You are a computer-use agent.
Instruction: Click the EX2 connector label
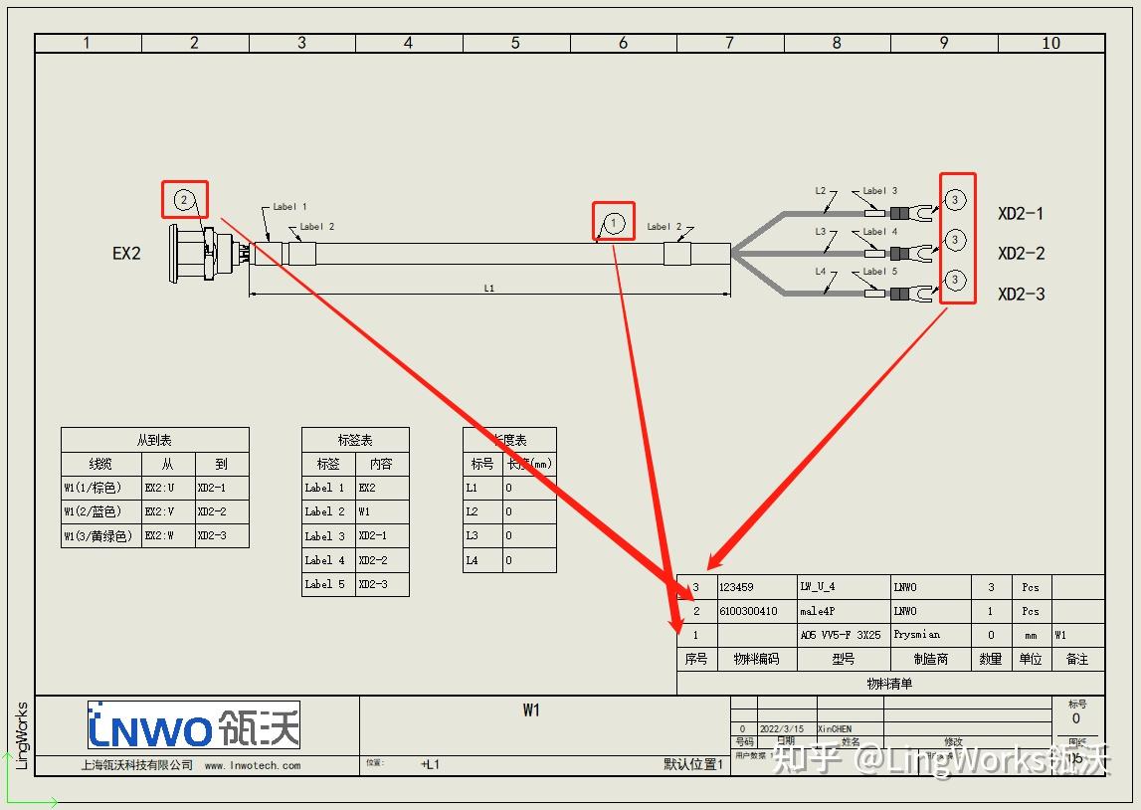tap(126, 254)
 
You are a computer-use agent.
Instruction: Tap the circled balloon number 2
tap(184, 200)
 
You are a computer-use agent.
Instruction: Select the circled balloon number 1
tap(615, 222)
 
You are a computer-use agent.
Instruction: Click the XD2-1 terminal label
tap(1021, 214)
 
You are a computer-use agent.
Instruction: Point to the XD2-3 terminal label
tap(1021, 295)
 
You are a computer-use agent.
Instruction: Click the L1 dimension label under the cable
tap(489, 289)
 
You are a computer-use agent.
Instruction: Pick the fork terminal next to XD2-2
tap(928, 254)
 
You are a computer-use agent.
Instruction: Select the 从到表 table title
tap(154, 440)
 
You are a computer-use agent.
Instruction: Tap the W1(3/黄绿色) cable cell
tap(99, 536)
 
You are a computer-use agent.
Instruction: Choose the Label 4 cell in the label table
tap(326, 560)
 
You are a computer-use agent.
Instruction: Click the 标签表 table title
tap(355, 440)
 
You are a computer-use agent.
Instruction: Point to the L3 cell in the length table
tap(473, 536)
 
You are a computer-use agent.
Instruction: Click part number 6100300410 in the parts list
tap(748, 611)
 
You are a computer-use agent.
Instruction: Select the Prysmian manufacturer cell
tap(916, 635)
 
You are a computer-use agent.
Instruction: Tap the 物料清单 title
tap(889, 684)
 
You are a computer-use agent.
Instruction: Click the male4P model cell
tap(818, 611)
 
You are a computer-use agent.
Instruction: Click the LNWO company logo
tap(194, 726)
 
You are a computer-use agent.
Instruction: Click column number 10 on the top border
tap(1050, 43)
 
